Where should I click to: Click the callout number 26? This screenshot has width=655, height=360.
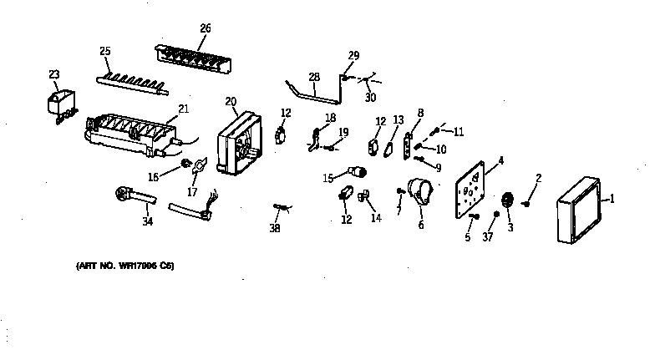[206, 28]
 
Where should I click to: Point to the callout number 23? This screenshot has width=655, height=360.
[54, 74]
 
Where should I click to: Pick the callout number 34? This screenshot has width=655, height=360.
[147, 221]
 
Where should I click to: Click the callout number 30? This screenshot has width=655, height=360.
[370, 98]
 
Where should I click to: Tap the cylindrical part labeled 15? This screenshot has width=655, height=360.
[359, 173]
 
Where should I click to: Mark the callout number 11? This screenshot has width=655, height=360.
[458, 131]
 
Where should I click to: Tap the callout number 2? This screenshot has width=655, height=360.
[539, 177]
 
